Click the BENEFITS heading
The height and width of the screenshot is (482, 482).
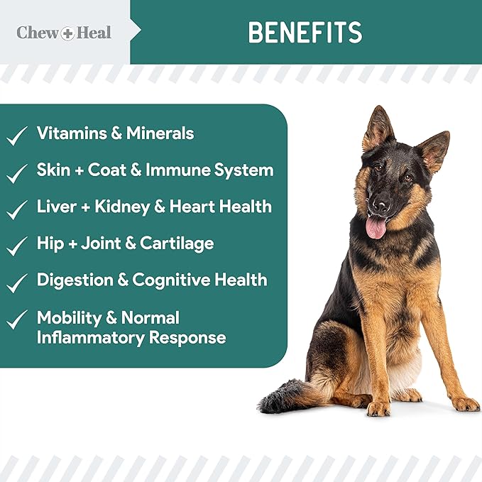[x=305, y=32]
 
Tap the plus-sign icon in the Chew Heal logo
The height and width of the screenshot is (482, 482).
[x=67, y=33]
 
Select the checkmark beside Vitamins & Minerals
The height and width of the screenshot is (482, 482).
[x=17, y=135]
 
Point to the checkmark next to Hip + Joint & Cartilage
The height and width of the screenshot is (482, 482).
[x=17, y=246]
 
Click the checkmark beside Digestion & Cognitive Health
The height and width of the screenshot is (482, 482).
[x=17, y=283]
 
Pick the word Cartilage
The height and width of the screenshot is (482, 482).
[x=177, y=243]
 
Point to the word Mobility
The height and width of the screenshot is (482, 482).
[x=70, y=317]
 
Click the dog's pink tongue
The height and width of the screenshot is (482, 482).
[x=376, y=227]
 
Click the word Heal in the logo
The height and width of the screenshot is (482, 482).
[x=94, y=33]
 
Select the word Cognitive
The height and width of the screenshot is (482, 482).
[x=174, y=280]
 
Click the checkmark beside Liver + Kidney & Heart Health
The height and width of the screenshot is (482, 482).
[x=17, y=209]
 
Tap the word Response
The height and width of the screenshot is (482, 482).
[x=187, y=337]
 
